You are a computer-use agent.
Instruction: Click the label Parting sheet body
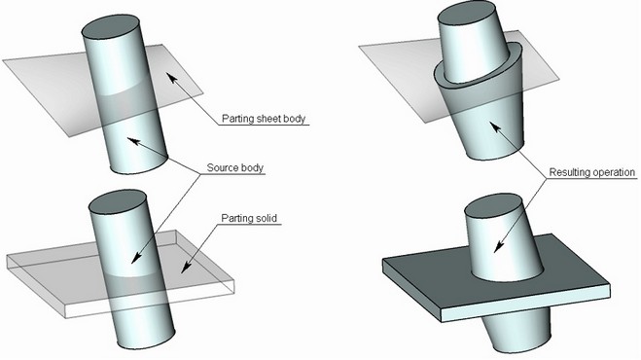tap(264, 119)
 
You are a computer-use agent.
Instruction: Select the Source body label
tap(235, 167)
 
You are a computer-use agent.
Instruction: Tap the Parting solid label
tap(249, 218)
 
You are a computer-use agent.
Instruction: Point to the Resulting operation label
tap(592, 172)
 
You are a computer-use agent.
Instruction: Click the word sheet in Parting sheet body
tap(268, 119)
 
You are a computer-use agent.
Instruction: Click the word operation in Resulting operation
tap(614, 172)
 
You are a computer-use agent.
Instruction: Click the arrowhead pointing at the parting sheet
tap(172, 78)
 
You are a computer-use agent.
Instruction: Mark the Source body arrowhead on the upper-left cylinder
tap(133, 141)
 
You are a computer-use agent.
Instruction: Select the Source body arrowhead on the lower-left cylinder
tap(136, 258)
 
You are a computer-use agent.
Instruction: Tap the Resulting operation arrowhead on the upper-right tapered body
tap(495, 126)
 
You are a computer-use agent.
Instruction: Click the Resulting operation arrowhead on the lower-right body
tap(498, 247)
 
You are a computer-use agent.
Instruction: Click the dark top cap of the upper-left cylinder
tap(111, 27)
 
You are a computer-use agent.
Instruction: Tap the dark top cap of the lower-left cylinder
tap(118, 202)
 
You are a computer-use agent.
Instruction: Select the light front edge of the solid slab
tap(525, 304)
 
